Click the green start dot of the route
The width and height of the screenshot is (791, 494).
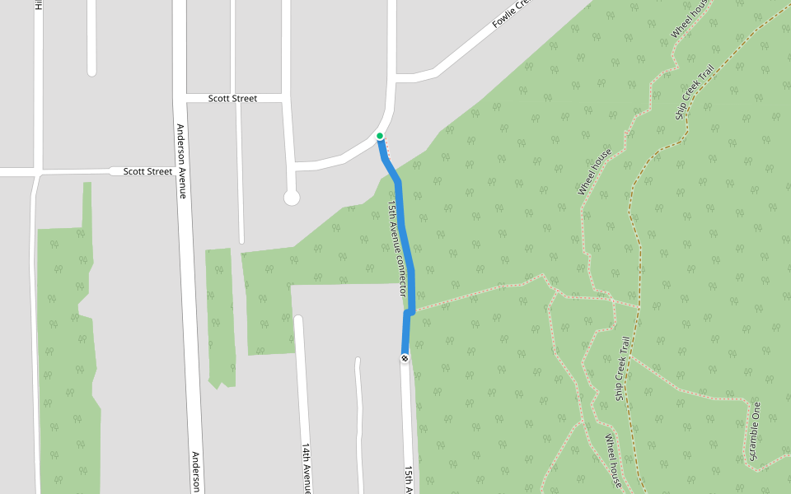point(379,136)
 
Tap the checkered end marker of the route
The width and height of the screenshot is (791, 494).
point(405,357)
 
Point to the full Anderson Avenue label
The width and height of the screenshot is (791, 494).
point(182,161)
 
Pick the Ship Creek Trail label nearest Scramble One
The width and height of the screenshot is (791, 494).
point(622,368)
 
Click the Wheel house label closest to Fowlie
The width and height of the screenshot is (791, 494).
point(690,18)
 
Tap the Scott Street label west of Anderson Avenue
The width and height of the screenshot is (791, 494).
point(147,171)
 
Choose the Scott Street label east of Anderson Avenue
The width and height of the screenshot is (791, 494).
point(232,98)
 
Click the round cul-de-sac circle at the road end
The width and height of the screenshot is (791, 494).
point(291,198)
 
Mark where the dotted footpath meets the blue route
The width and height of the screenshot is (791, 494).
point(413,311)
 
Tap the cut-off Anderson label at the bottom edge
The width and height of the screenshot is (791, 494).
point(196,472)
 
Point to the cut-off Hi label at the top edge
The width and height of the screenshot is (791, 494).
point(38,4)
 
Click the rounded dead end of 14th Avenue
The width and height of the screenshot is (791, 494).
point(298,318)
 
